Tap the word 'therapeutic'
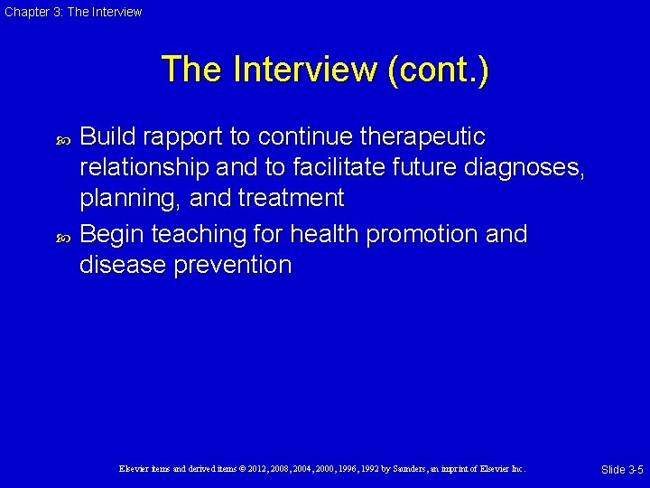coord(422,137)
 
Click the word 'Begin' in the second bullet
coord(112,235)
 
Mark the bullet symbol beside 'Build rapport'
coord(62,138)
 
